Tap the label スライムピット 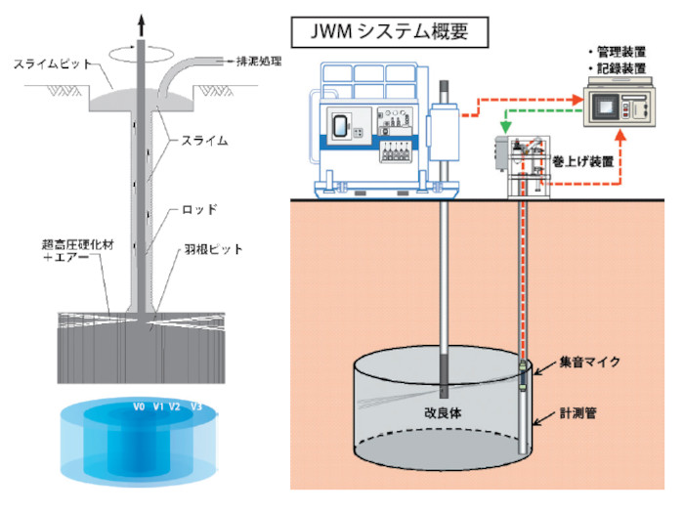(x=54, y=64)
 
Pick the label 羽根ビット (x=217, y=249)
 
